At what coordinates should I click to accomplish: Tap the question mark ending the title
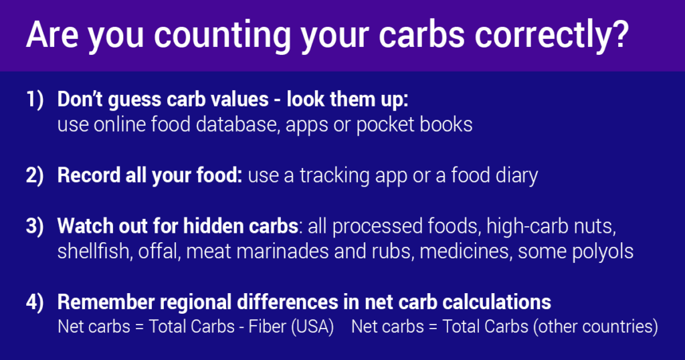point(617,35)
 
